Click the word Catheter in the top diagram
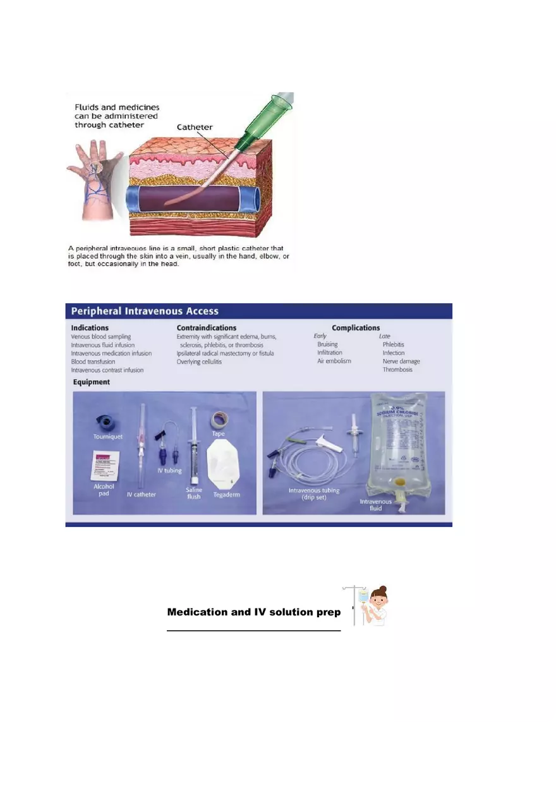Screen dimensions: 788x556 coord(195,127)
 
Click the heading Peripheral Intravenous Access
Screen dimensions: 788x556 coord(145,311)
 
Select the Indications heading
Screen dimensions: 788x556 coord(90,328)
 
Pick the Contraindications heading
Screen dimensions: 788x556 coord(207,328)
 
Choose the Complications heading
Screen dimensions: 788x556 coord(356,328)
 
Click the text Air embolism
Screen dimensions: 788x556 coord(334,361)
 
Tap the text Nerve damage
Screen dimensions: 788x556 coord(401,361)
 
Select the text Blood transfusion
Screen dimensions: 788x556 coord(93,362)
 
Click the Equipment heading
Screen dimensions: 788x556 coord(91,382)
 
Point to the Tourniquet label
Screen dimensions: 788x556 coord(107,437)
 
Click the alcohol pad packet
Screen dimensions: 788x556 coord(106,466)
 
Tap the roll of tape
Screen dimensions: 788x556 coord(219,418)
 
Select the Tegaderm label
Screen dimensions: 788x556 coord(226,494)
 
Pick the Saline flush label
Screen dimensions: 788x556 coord(194,493)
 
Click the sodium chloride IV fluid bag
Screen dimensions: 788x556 coord(406,442)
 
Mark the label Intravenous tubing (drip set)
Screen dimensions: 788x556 coord(314,494)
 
